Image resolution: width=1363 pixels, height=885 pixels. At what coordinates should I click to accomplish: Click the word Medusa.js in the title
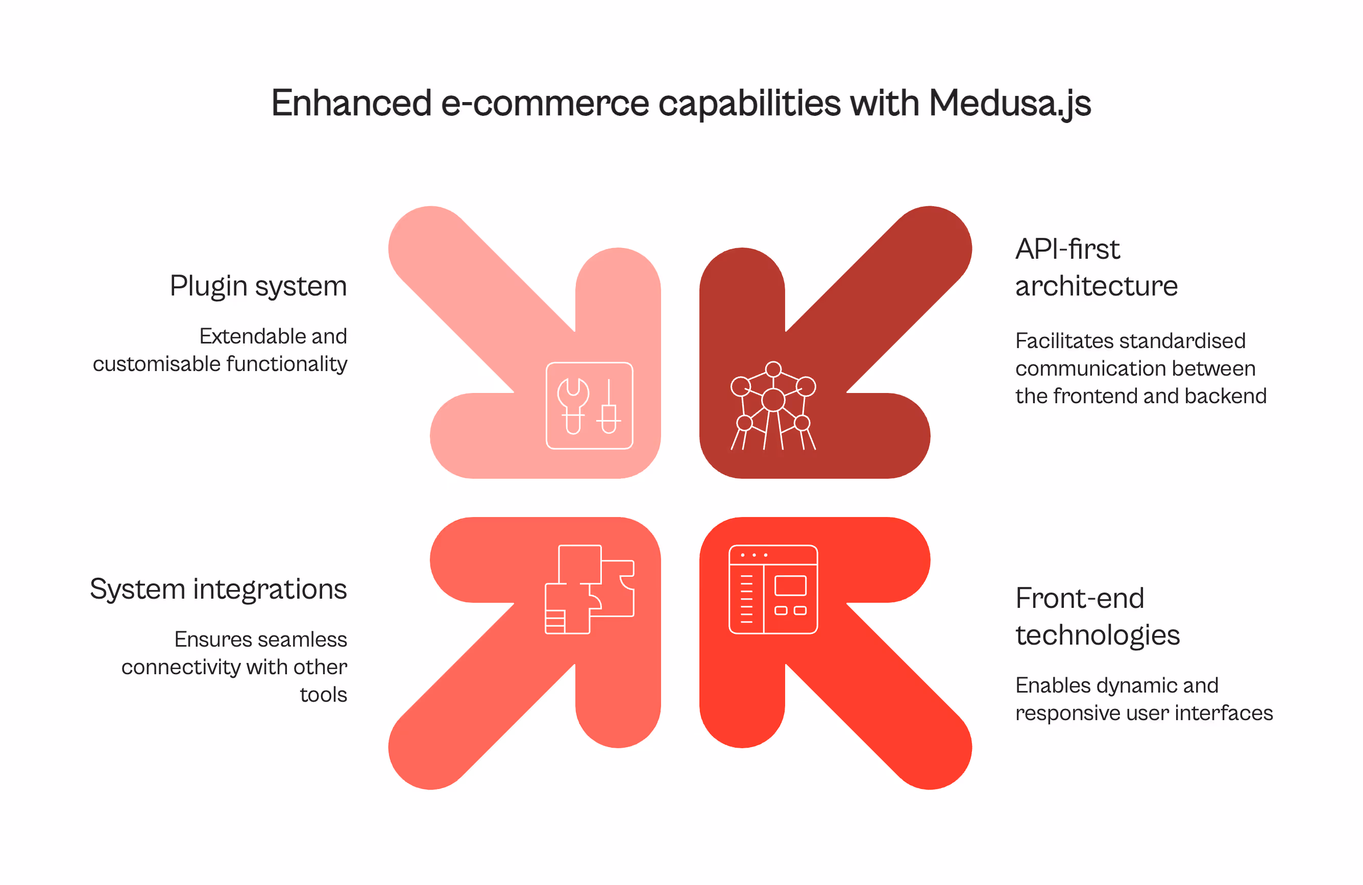click(1009, 104)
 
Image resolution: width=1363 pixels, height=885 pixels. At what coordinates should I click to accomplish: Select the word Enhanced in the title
click(351, 103)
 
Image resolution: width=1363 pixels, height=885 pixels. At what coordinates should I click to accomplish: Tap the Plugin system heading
click(258, 286)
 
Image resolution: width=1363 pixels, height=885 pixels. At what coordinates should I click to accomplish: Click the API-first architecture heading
click(1096, 267)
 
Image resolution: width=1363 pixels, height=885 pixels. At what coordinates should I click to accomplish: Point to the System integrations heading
click(218, 589)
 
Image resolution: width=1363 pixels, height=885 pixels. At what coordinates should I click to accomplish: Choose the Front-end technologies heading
click(1097, 617)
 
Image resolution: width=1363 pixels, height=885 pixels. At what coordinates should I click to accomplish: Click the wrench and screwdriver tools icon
click(589, 405)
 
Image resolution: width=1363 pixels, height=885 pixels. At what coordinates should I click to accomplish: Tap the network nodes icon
click(773, 405)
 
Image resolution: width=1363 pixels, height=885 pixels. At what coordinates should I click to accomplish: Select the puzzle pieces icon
click(589, 589)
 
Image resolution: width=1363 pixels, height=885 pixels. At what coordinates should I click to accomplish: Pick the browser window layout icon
click(773, 589)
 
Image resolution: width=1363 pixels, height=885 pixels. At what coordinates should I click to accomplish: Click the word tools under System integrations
click(323, 695)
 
